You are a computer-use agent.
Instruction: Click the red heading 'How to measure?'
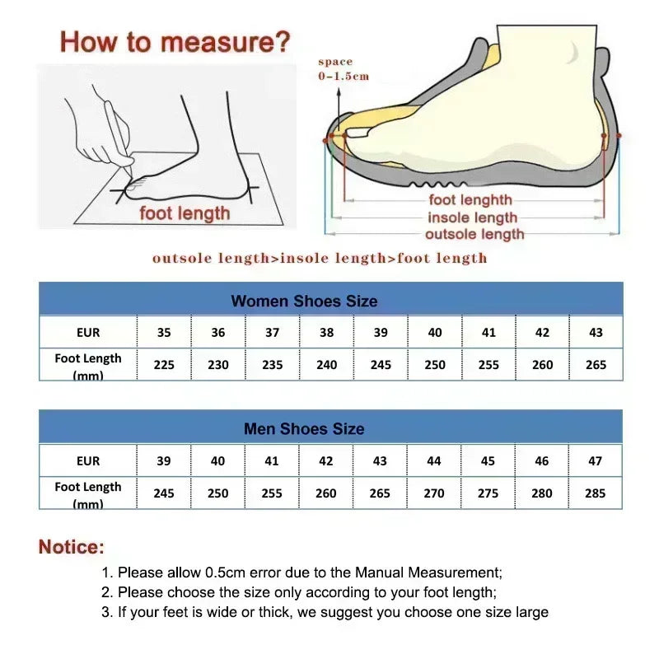pos(175,41)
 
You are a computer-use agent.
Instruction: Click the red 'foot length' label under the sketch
pos(185,213)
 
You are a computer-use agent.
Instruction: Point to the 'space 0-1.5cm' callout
pos(344,69)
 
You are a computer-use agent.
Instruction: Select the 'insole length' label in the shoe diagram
pos(472,217)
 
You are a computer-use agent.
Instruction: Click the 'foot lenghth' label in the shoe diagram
pos(470,199)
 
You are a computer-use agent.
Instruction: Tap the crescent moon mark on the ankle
pos(572,52)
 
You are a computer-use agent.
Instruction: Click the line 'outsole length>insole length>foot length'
pos(320,259)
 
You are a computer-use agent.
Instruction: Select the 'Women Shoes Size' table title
pos(304,301)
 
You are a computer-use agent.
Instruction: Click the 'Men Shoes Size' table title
pos(304,428)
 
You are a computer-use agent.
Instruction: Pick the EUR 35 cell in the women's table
pos(164,333)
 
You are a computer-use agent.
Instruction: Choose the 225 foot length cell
pos(164,364)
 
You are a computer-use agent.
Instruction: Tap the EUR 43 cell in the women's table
pos(596,333)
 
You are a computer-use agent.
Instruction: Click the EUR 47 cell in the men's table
pos(595,461)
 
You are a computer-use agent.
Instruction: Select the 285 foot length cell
pos(595,493)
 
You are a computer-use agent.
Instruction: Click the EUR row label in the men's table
pos(88,461)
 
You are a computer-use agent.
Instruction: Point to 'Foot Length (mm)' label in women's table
pos(88,365)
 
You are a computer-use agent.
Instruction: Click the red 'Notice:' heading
pos(72,547)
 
